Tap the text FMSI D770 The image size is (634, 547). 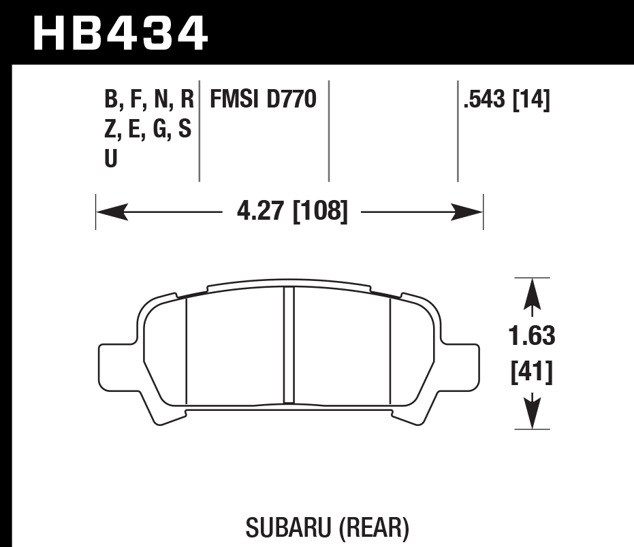point(263,100)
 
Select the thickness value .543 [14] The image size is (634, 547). point(506,100)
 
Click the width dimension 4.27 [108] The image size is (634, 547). point(292,212)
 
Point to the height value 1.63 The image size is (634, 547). point(532,336)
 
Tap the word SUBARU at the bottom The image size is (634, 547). point(280,527)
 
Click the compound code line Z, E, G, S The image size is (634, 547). point(148,129)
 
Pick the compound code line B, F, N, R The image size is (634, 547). point(149,100)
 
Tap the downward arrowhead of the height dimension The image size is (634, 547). point(532,413)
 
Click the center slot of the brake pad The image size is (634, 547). point(289,346)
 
